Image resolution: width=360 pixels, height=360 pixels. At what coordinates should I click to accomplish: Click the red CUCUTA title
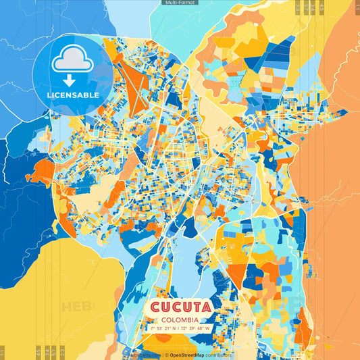[180, 306]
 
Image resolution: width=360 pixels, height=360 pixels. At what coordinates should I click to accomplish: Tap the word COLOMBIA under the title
[180, 318]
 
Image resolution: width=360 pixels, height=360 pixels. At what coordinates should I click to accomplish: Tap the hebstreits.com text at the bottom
[145, 355]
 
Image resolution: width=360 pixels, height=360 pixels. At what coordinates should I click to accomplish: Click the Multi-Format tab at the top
[180, 3]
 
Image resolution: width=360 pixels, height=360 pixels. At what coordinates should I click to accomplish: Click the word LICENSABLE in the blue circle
[72, 95]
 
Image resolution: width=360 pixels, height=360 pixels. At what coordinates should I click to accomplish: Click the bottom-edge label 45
[38, 353]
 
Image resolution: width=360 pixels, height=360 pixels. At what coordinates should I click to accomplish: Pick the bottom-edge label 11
[2, 353]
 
